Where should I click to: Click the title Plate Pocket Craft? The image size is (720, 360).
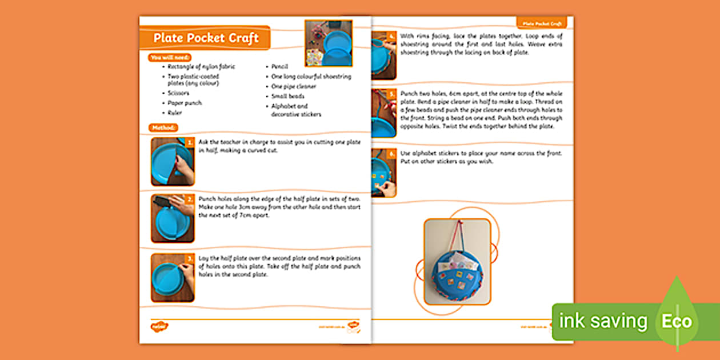tap(206, 38)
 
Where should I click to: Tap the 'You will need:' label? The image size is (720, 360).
tap(169, 58)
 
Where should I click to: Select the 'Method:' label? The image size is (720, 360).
tap(163, 127)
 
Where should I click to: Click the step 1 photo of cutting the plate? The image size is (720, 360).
tap(173, 161)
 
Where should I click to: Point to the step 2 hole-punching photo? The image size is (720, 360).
tap(173, 218)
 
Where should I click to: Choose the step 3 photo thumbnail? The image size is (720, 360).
tap(173, 278)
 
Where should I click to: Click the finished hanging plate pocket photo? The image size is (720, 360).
tap(457, 261)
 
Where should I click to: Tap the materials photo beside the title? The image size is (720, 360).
tap(329, 43)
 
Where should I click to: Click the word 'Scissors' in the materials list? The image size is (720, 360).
tap(178, 93)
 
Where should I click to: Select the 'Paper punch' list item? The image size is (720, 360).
tap(185, 103)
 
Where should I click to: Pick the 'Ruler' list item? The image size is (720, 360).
tap(175, 113)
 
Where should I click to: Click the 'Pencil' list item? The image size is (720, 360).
tap(280, 67)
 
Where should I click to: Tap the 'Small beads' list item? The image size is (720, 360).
tap(288, 96)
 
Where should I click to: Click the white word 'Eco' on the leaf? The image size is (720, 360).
tap(677, 321)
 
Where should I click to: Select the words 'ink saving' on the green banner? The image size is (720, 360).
tap(603, 321)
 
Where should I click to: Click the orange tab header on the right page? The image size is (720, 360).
tap(542, 23)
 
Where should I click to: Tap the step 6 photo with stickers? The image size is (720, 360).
tap(384, 173)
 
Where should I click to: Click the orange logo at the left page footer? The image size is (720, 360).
tap(159, 326)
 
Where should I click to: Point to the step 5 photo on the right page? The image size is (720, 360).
tap(384, 113)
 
